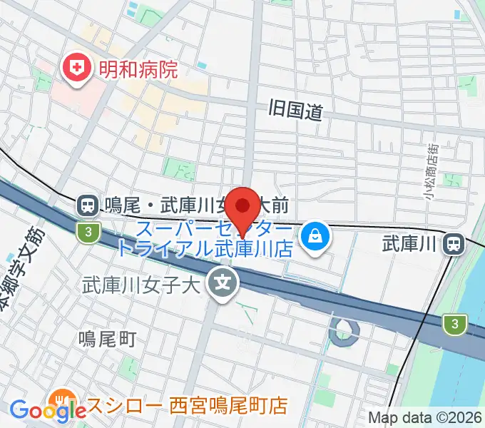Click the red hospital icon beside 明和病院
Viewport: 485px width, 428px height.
point(74,68)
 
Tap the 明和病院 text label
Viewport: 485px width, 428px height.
point(138,69)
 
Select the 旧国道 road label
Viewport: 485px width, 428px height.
point(296,110)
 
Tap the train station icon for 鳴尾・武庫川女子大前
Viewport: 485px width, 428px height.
point(87,206)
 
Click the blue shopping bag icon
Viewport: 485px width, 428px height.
point(314,236)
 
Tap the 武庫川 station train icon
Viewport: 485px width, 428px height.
point(453,244)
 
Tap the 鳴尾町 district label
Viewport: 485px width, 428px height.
point(107,338)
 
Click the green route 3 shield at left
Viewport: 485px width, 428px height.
point(86,231)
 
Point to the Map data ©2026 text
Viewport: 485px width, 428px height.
point(425,417)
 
